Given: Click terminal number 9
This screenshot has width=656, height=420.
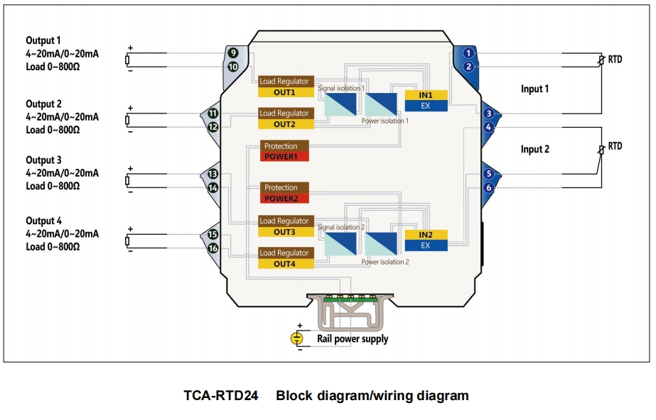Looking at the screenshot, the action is click(x=232, y=53).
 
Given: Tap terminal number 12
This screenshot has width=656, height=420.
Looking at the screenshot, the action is click(x=213, y=127).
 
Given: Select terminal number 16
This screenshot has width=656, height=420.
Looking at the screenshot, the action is click(x=213, y=248).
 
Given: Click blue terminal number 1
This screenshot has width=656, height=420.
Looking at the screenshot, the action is click(x=468, y=53).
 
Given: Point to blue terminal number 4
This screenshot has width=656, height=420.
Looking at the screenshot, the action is click(x=488, y=127).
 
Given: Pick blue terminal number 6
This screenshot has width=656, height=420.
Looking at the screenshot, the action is click(x=488, y=187).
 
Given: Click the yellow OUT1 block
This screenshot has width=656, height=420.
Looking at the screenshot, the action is click(x=286, y=92).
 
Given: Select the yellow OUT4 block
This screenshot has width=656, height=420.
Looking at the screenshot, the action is click(x=286, y=264).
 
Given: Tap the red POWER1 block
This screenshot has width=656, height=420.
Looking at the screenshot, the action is click(x=284, y=157).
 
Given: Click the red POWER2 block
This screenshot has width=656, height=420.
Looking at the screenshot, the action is click(x=284, y=199).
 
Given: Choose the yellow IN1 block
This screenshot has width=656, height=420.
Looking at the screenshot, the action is click(x=426, y=95).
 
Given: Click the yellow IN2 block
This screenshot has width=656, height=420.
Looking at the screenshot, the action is click(x=426, y=235).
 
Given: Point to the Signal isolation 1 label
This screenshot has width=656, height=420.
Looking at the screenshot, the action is click(x=341, y=88).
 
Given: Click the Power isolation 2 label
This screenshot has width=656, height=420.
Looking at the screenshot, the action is click(x=385, y=262).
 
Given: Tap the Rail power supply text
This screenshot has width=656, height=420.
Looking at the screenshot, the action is click(x=353, y=338).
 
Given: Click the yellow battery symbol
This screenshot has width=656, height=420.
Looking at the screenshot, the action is click(x=296, y=338).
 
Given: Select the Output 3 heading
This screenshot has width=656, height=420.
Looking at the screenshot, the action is click(x=43, y=160).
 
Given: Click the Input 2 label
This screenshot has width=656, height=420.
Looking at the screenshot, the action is click(x=534, y=149).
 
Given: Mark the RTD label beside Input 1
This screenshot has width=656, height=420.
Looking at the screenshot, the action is click(x=615, y=60).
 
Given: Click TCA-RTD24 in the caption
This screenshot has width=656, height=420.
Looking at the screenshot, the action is click(x=221, y=395).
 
